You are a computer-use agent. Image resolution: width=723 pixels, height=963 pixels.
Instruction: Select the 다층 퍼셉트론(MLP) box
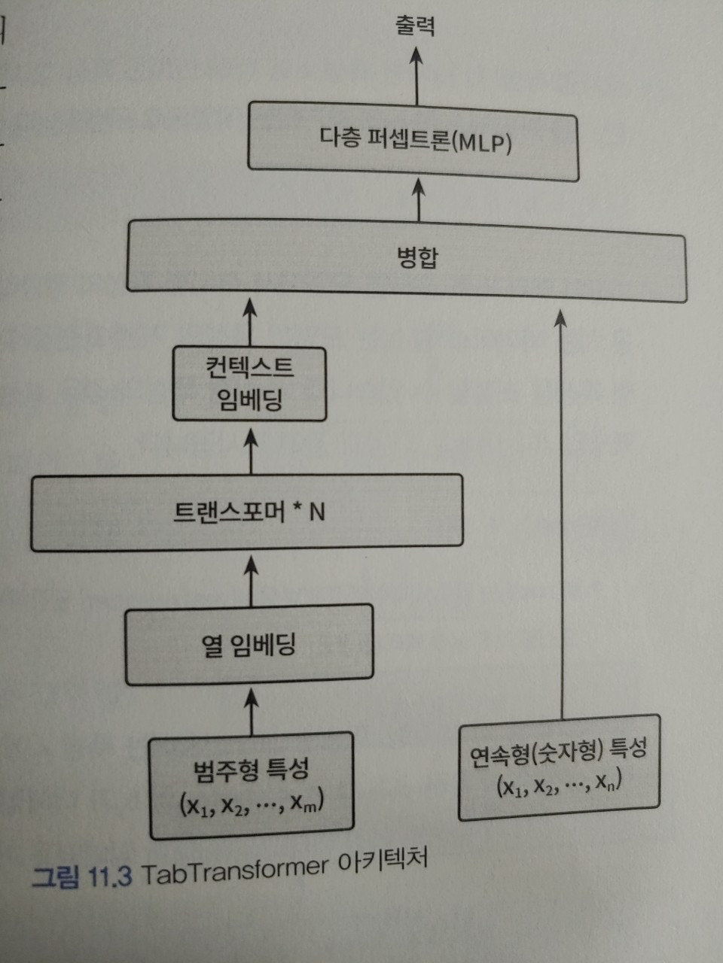(x=413, y=142)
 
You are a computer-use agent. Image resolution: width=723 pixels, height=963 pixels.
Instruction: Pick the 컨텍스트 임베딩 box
(x=249, y=383)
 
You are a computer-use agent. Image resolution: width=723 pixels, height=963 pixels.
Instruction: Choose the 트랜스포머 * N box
(x=247, y=512)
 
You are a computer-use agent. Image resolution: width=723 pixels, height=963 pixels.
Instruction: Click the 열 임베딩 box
(x=249, y=645)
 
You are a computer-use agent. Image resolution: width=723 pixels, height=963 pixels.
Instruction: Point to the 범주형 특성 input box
(x=252, y=786)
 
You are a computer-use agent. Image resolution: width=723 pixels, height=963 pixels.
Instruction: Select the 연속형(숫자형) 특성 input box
(x=559, y=767)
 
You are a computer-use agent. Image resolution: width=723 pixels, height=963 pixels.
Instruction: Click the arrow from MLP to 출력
(x=416, y=75)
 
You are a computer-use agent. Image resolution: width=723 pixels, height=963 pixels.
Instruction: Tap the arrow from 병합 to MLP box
(x=419, y=199)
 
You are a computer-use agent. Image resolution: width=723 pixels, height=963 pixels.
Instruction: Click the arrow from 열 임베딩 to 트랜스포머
(x=251, y=579)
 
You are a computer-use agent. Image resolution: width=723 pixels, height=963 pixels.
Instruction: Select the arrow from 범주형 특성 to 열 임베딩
(x=252, y=709)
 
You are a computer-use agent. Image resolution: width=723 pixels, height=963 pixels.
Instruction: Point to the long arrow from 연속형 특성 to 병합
(x=560, y=512)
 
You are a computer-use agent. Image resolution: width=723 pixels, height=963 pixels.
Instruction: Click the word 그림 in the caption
(x=55, y=877)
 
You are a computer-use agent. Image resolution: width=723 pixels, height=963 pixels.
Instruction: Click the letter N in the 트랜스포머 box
(x=317, y=512)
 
